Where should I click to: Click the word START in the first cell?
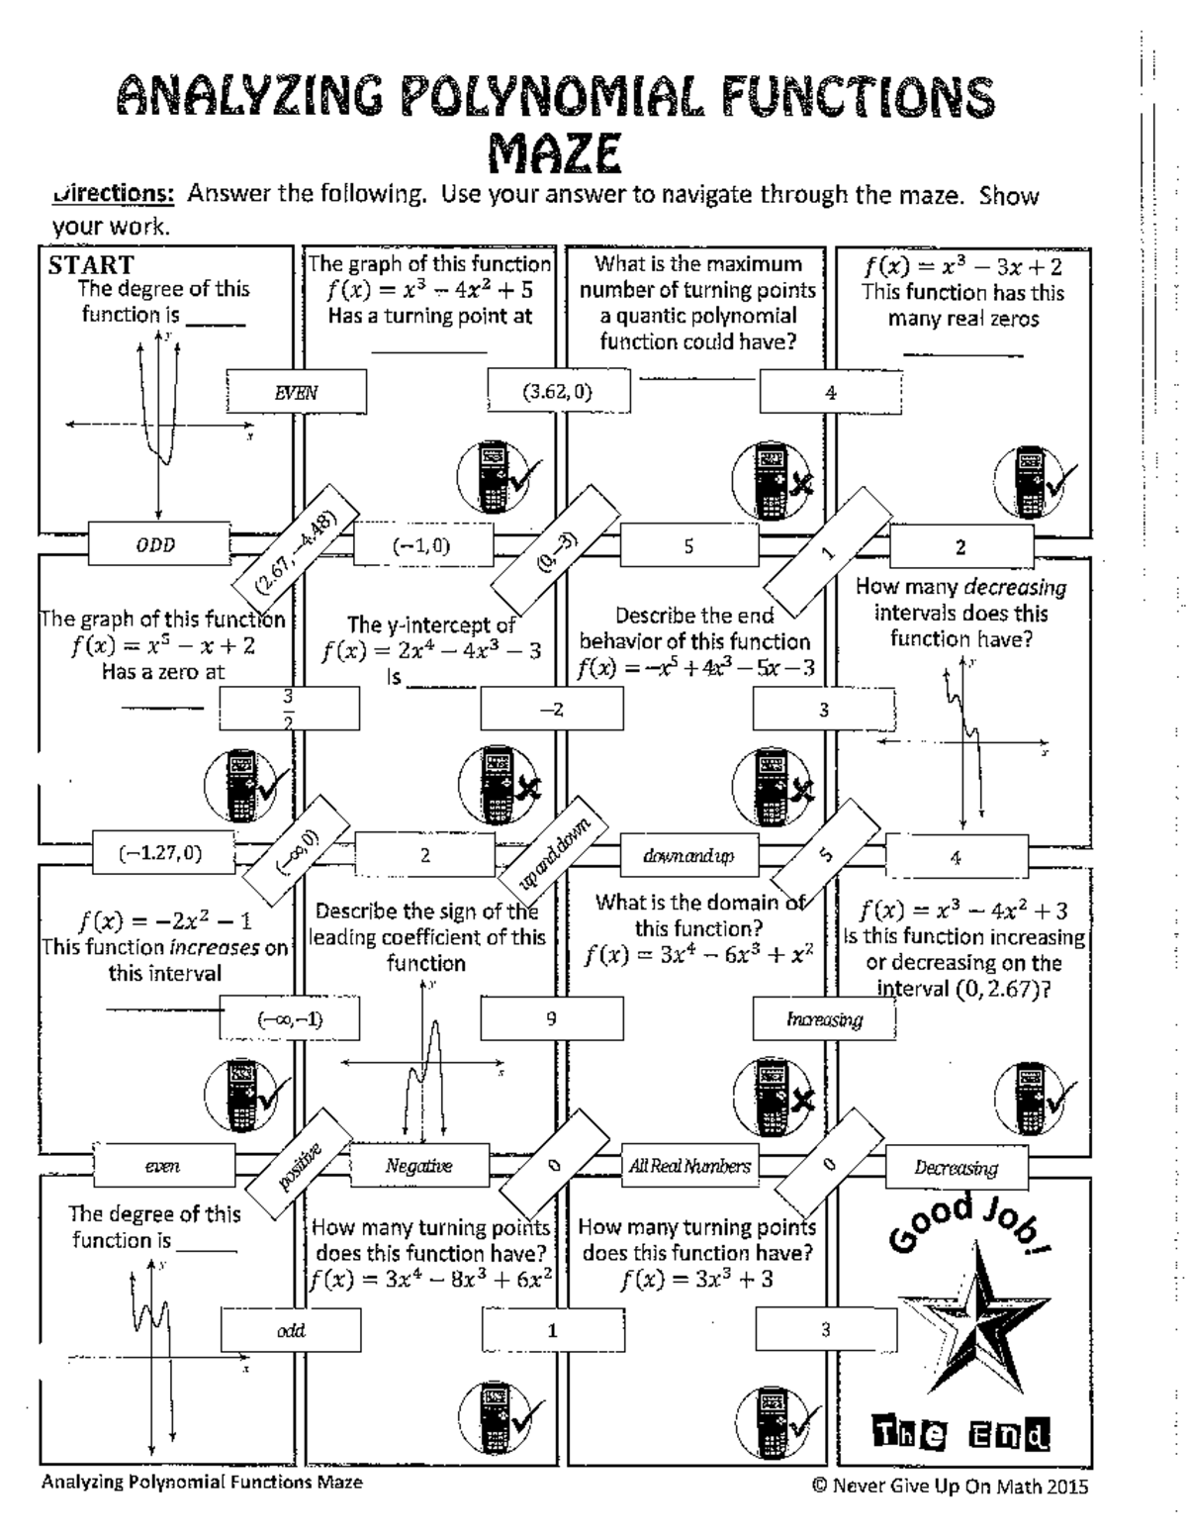[91, 265]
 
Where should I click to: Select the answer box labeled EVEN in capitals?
[296, 392]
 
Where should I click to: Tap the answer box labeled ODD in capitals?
[156, 545]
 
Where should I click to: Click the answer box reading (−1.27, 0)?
[161, 853]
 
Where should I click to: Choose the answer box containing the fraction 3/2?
[289, 708]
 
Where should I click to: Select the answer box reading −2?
[552, 709]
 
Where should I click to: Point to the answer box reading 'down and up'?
[688, 856]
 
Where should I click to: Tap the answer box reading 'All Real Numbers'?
[689, 1166]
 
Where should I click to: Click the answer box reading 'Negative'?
[419, 1166]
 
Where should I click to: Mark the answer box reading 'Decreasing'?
[956, 1168]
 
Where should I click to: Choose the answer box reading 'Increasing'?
[824, 1019]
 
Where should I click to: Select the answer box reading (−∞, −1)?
[290, 1018]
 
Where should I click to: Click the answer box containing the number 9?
[552, 1018]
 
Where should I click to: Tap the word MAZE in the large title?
[555, 154]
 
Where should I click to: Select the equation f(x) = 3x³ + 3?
[696, 1280]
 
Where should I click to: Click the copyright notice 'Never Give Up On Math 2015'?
[950, 1486]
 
